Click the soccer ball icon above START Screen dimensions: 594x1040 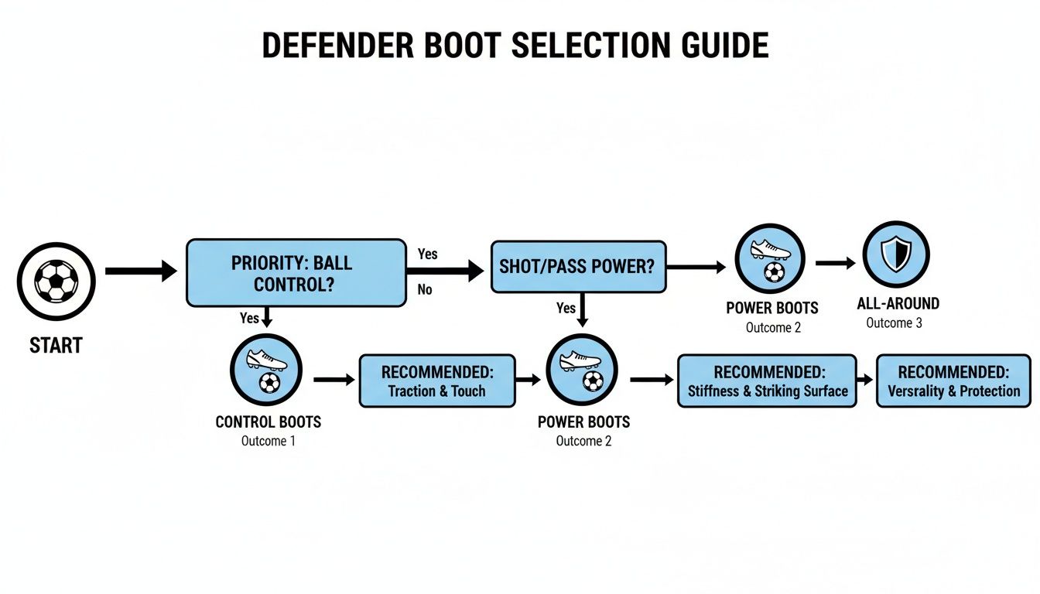point(56,280)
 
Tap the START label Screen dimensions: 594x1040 point(56,345)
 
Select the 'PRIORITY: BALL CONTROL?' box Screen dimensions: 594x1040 point(296,272)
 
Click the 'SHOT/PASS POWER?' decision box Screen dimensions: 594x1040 point(578,267)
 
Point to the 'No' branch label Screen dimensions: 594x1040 point(425,290)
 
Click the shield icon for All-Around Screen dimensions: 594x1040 point(895,254)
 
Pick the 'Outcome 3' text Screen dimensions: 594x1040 point(894,323)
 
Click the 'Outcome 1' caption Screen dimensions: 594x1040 point(268,441)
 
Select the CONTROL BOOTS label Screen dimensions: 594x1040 point(268,422)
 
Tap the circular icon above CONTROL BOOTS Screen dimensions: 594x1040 point(266,370)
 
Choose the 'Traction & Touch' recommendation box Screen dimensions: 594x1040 point(436,381)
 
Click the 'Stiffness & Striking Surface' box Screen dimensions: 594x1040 point(767,381)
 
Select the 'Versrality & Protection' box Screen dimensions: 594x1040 point(953,381)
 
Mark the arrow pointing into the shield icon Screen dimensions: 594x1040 point(835,264)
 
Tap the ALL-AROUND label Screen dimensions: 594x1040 point(898,304)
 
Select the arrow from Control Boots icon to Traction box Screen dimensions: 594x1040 point(334,380)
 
